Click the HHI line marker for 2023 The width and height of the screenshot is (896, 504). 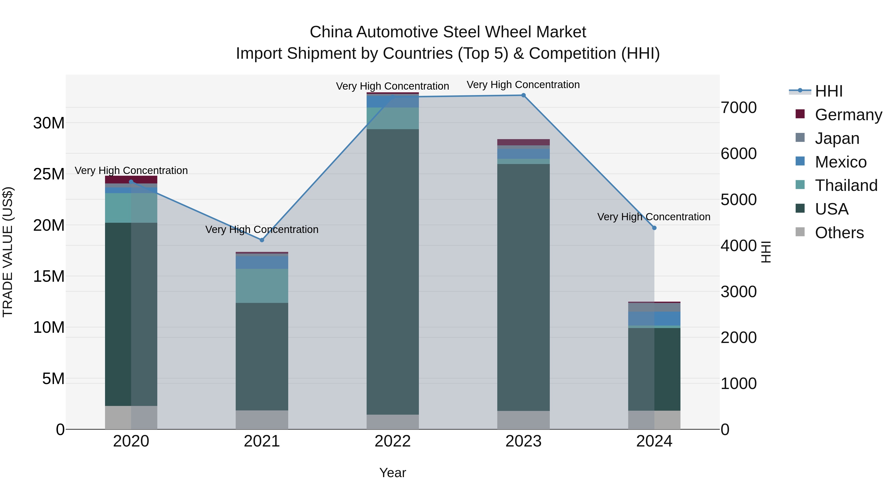click(523, 95)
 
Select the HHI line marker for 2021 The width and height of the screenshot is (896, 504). click(262, 240)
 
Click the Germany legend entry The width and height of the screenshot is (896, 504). click(848, 115)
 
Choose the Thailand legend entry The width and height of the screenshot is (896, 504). click(846, 185)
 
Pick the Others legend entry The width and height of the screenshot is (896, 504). click(839, 233)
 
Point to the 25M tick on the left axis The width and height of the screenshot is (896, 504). click(49, 174)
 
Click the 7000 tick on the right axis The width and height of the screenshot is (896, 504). click(738, 108)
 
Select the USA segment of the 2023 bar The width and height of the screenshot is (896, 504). click(523, 287)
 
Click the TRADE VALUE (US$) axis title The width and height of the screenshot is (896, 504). click(8, 252)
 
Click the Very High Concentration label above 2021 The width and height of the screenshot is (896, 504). click(262, 229)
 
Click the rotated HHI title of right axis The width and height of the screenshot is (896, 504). click(766, 252)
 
